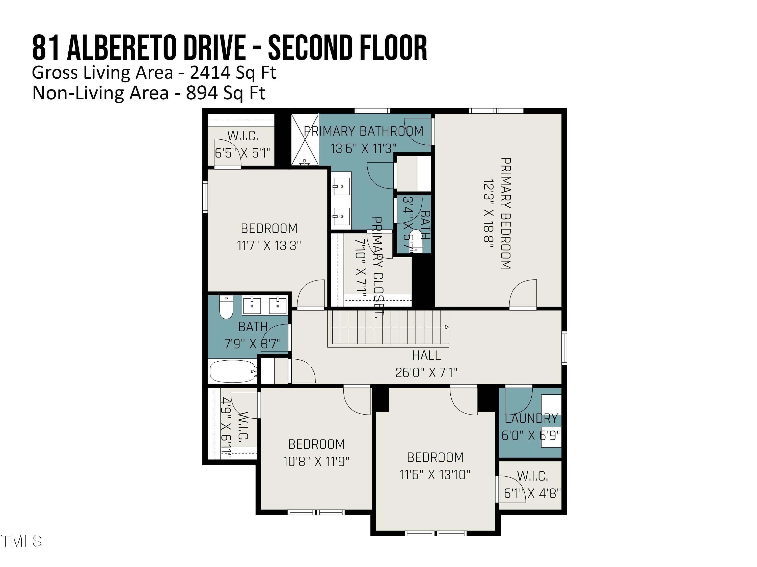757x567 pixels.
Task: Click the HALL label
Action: (x=426, y=355)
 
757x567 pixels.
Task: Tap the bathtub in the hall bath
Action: (x=233, y=371)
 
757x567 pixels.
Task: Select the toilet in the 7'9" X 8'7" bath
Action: (x=226, y=308)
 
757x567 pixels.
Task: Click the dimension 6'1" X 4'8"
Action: (x=532, y=493)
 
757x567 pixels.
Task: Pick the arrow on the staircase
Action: (x=446, y=327)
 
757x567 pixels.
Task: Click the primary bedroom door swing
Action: (x=523, y=294)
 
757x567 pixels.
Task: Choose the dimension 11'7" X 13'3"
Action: (x=269, y=245)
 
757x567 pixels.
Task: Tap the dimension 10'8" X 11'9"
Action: (x=316, y=461)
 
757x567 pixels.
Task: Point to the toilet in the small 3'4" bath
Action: (x=416, y=241)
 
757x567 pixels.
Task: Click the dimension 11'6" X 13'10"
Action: (x=435, y=474)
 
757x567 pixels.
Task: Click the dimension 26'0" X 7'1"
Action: (x=426, y=372)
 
